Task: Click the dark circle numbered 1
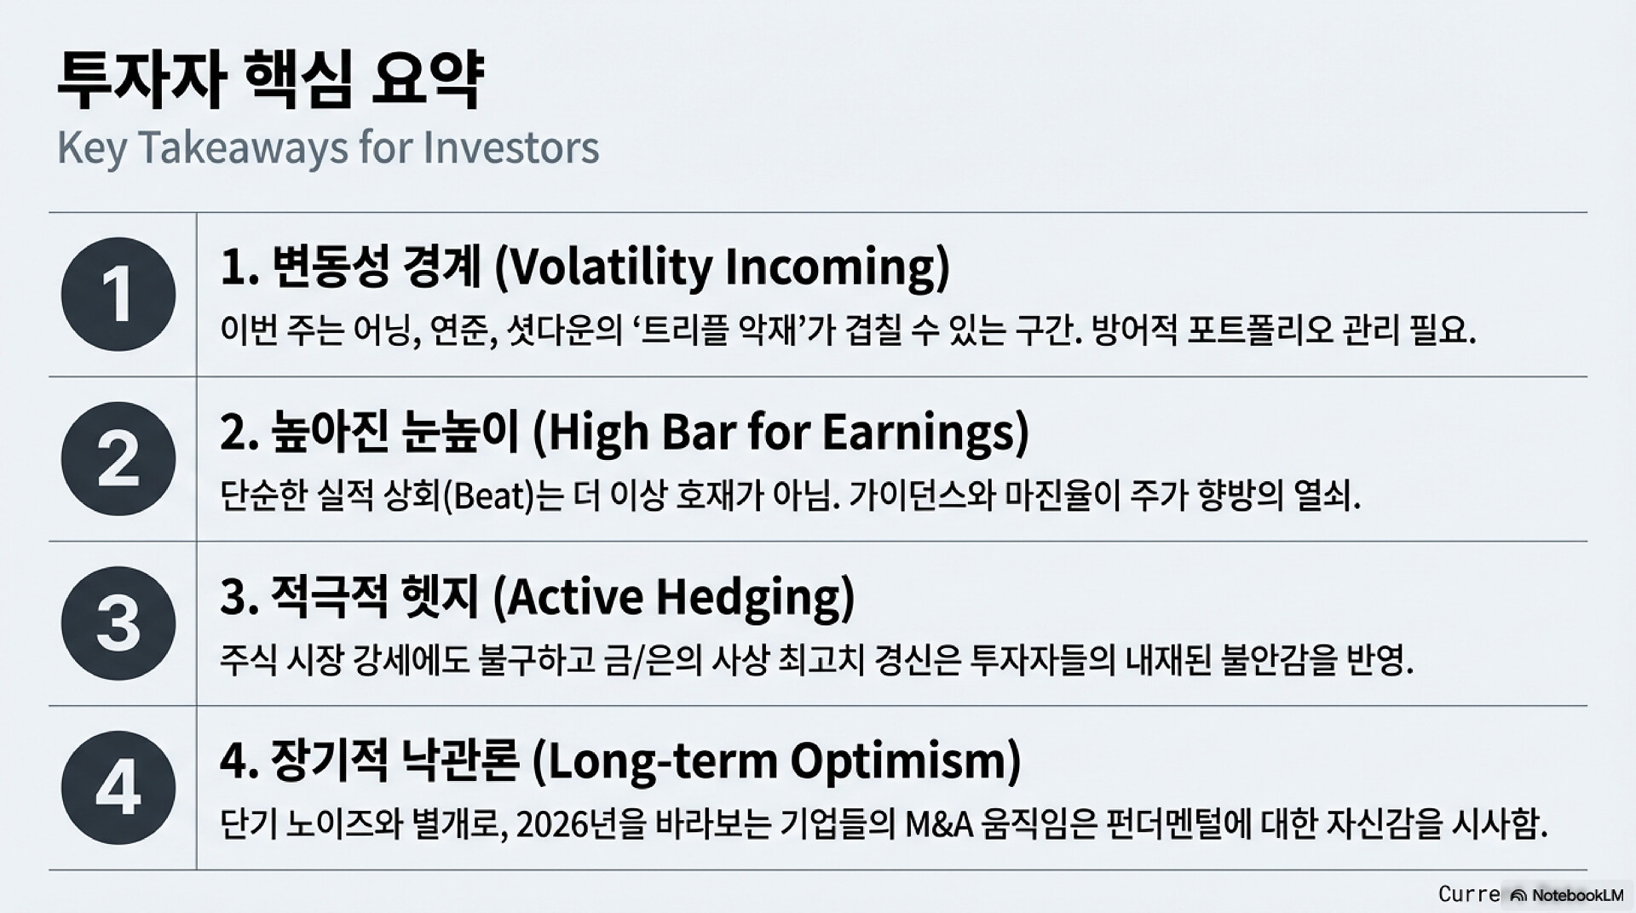(x=118, y=294)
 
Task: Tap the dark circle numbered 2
(x=118, y=458)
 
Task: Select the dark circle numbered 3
(x=118, y=623)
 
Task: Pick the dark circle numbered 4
(x=118, y=788)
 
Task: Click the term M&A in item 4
(x=938, y=824)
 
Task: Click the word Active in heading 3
(x=568, y=595)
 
